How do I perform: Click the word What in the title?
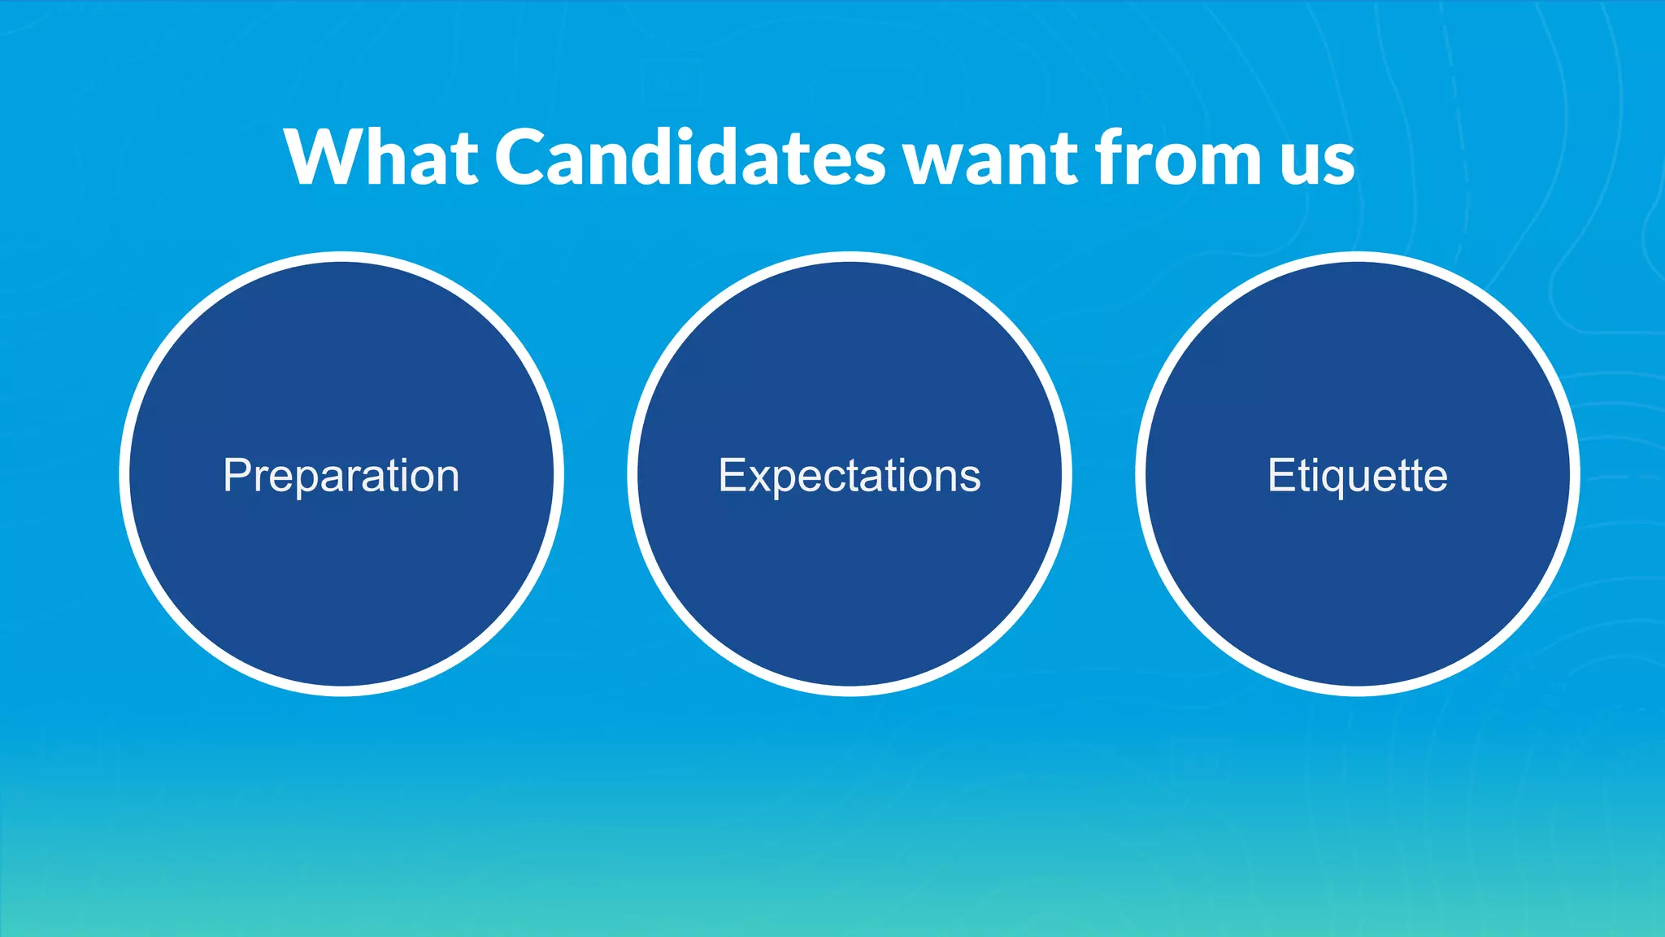380,158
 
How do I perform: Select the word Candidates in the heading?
689,158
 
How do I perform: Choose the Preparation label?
341,476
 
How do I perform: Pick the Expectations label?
850,476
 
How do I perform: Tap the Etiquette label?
1358,476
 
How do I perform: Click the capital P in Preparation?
236,475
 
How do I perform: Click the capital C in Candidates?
525,158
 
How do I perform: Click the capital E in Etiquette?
1280,475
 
